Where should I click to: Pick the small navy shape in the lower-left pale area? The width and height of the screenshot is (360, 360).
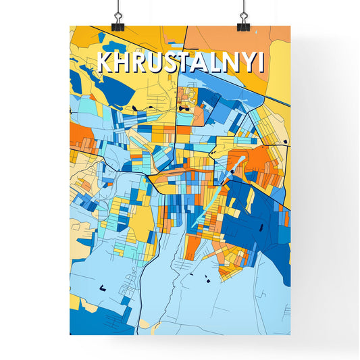click(x=103, y=288)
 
